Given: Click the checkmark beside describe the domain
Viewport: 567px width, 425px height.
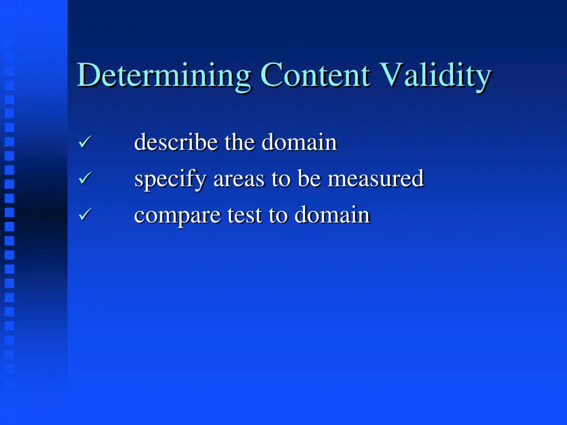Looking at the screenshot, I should coord(84,143).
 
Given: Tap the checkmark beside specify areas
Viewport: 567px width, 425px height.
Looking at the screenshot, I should coord(84,179).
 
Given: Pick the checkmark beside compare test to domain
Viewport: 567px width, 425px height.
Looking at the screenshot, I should coord(84,215).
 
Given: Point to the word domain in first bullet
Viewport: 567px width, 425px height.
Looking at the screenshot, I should coord(299,143).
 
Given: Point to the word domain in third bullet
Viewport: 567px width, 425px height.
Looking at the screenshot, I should coord(332,215).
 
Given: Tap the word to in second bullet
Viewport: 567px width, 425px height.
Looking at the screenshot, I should coord(281,179).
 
